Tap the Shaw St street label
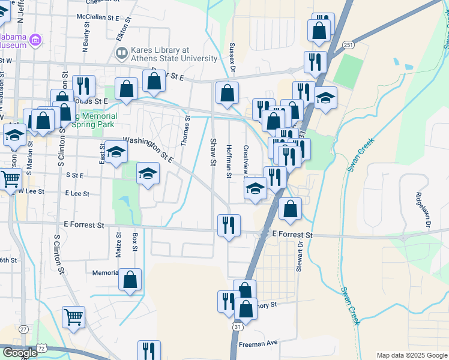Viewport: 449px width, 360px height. [213, 149]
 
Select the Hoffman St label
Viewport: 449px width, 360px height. [229, 161]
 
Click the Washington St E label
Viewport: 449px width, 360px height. [149, 150]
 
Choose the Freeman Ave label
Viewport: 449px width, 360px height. [258, 343]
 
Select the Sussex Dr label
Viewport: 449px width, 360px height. [232, 55]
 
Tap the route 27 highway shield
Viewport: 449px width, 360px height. [23, 329]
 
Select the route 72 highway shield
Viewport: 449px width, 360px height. [41, 348]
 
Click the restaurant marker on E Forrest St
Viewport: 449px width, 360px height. [229, 226]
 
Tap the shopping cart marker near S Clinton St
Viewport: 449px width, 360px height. [73, 317]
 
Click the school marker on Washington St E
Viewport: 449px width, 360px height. [116, 152]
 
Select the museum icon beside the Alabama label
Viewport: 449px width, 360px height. [35, 40]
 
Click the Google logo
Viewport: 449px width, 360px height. [20, 353]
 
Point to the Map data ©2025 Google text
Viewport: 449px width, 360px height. [411, 355]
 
